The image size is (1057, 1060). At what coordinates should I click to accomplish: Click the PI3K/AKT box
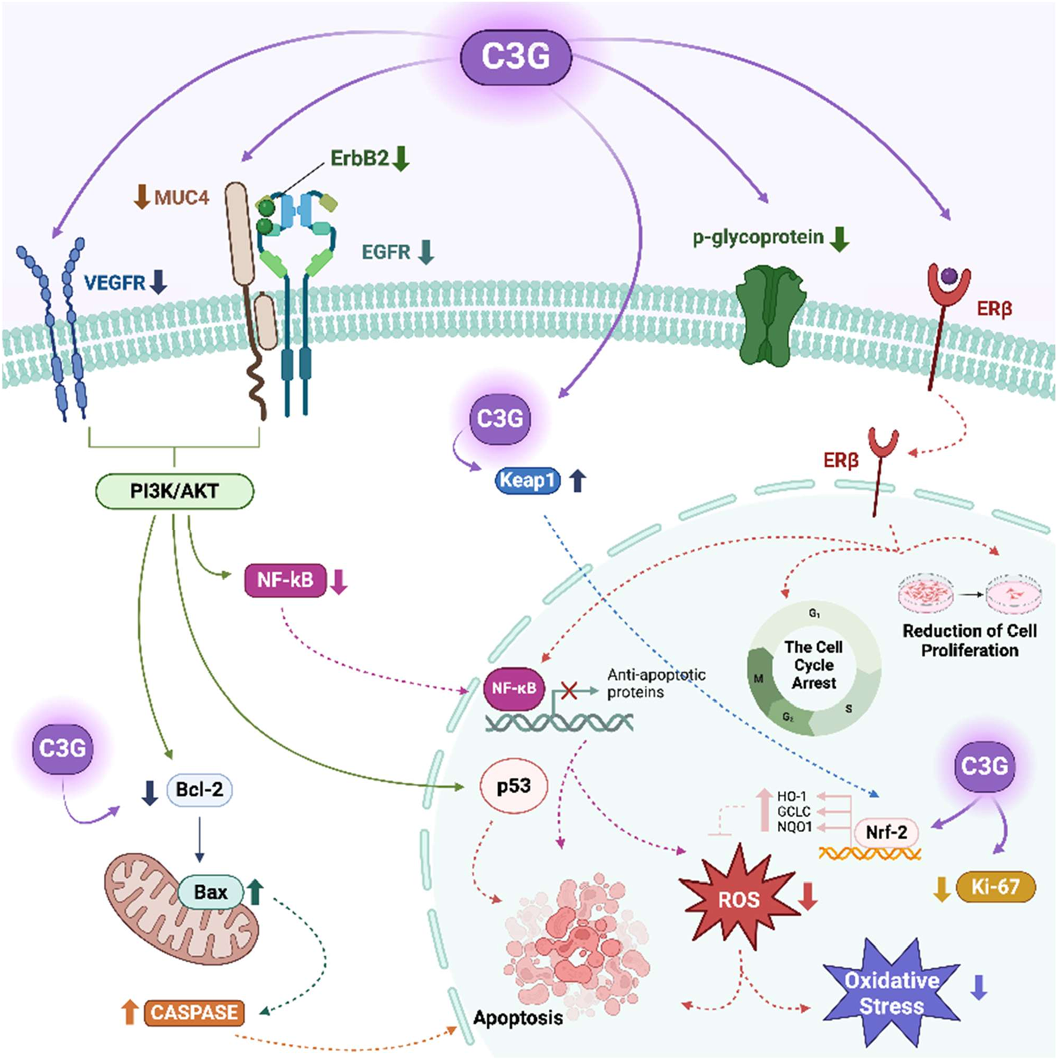(174, 492)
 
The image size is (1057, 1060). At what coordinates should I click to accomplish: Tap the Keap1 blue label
(527, 480)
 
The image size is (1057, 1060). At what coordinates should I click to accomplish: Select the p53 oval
(514, 786)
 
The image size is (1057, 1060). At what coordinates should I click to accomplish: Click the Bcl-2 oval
(199, 790)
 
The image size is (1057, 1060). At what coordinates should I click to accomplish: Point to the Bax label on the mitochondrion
(211, 892)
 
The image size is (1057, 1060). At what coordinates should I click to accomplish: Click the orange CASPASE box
(194, 1012)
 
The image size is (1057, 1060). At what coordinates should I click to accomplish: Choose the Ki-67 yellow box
(995, 887)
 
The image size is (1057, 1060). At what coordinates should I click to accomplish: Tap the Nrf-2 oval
(886, 832)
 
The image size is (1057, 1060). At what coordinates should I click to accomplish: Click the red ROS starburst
(738, 899)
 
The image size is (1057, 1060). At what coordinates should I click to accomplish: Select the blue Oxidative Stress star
(891, 993)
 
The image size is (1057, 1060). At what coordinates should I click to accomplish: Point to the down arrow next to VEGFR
(158, 282)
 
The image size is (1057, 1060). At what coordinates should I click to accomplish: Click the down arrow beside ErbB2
(401, 158)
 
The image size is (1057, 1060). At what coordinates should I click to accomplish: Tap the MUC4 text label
(181, 197)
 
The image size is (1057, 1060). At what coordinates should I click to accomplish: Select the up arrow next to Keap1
(577, 480)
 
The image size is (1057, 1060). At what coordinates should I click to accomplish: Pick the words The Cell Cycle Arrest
(814, 665)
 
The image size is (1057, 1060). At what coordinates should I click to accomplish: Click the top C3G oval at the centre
(515, 57)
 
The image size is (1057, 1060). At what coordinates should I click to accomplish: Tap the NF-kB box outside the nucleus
(285, 580)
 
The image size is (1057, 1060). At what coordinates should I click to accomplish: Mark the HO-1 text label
(792, 796)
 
